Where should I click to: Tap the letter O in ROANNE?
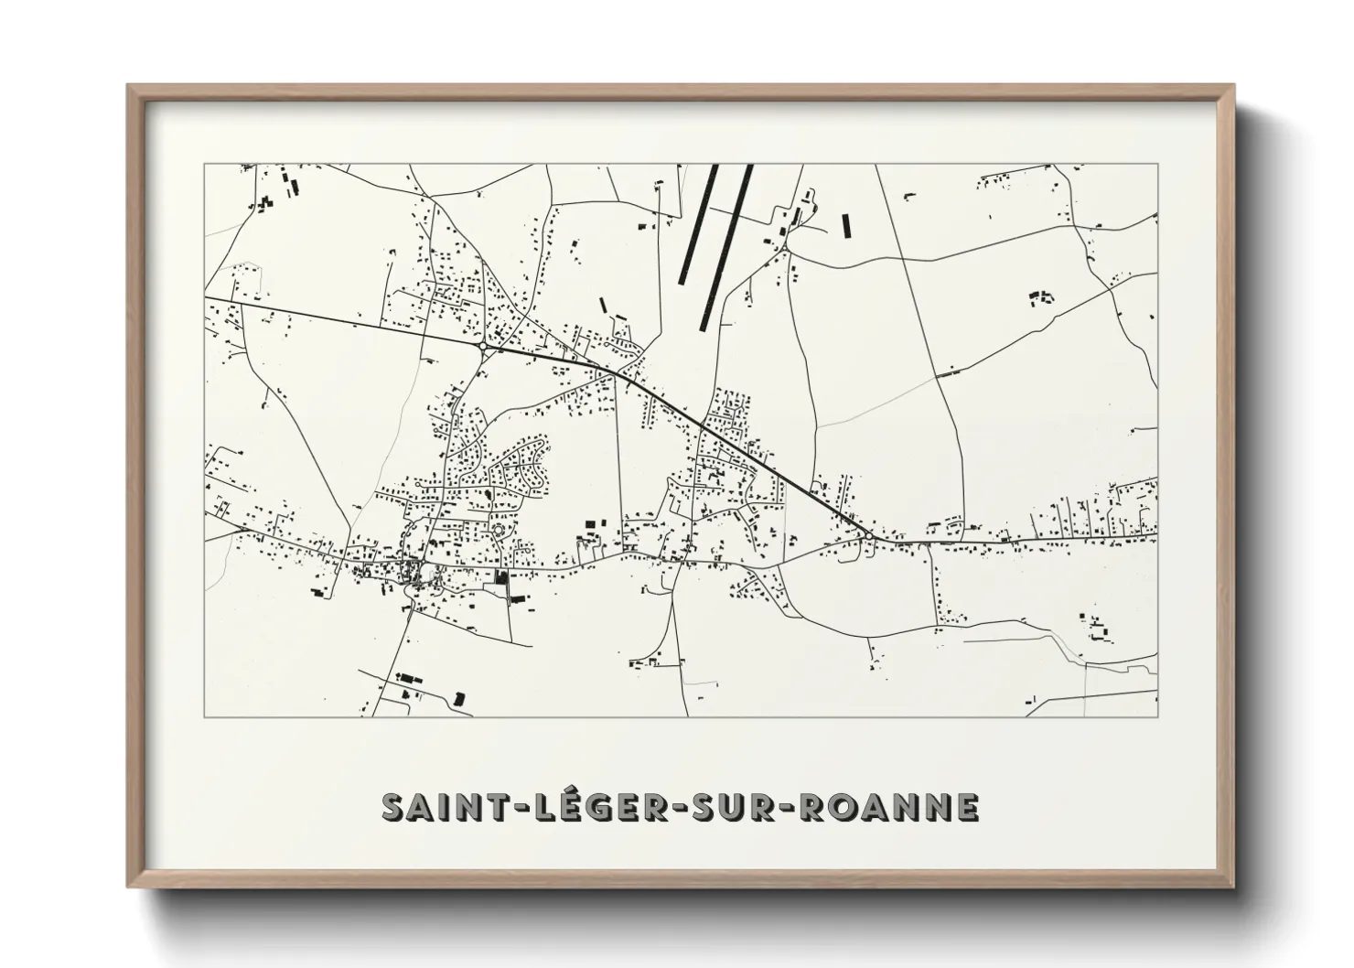point(836,808)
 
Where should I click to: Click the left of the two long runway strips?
point(700,224)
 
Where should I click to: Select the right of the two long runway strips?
point(725,247)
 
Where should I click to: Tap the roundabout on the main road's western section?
point(482,348)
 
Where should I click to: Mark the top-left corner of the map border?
point(204,165)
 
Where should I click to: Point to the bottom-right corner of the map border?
point(1157,717)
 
